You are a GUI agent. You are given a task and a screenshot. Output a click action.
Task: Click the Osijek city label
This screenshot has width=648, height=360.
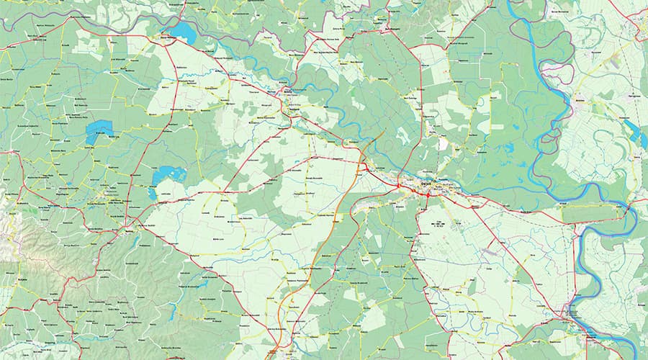[x=427, y=184]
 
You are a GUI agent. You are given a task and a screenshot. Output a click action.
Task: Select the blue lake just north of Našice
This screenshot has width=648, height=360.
[x=168, y=174]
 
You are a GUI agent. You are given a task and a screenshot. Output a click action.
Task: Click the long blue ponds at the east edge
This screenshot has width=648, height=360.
[x=635, y=134]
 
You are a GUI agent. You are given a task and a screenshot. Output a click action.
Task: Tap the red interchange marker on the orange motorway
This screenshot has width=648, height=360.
[x=364, y=167]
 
